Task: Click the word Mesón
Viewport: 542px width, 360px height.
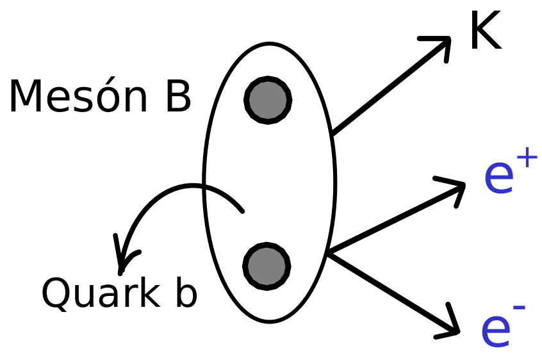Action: coord(78,95)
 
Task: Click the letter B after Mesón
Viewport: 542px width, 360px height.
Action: coord(178,95)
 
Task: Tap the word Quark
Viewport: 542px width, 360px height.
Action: coord(101,293)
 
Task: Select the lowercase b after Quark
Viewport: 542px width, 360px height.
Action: coord(186,291)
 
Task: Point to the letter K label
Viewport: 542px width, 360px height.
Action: coord(486,30)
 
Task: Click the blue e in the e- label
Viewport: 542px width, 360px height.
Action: coord(496,332)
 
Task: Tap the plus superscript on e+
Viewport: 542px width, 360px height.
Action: coord(527,157)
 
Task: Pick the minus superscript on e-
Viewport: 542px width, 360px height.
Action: coord(519,307)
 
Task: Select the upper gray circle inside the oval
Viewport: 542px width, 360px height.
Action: coord(268,100)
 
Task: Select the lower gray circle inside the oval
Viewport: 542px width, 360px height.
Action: coord(267,266)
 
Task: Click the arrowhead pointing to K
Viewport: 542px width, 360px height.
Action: coord(439,45)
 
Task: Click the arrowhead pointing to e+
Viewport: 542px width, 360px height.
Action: coord(453,190)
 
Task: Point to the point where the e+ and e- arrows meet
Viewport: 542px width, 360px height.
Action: coord(329,253)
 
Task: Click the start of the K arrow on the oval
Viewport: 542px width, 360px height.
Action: coord(332,133)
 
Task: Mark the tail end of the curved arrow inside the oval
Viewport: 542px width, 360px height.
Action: coord(243,211)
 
